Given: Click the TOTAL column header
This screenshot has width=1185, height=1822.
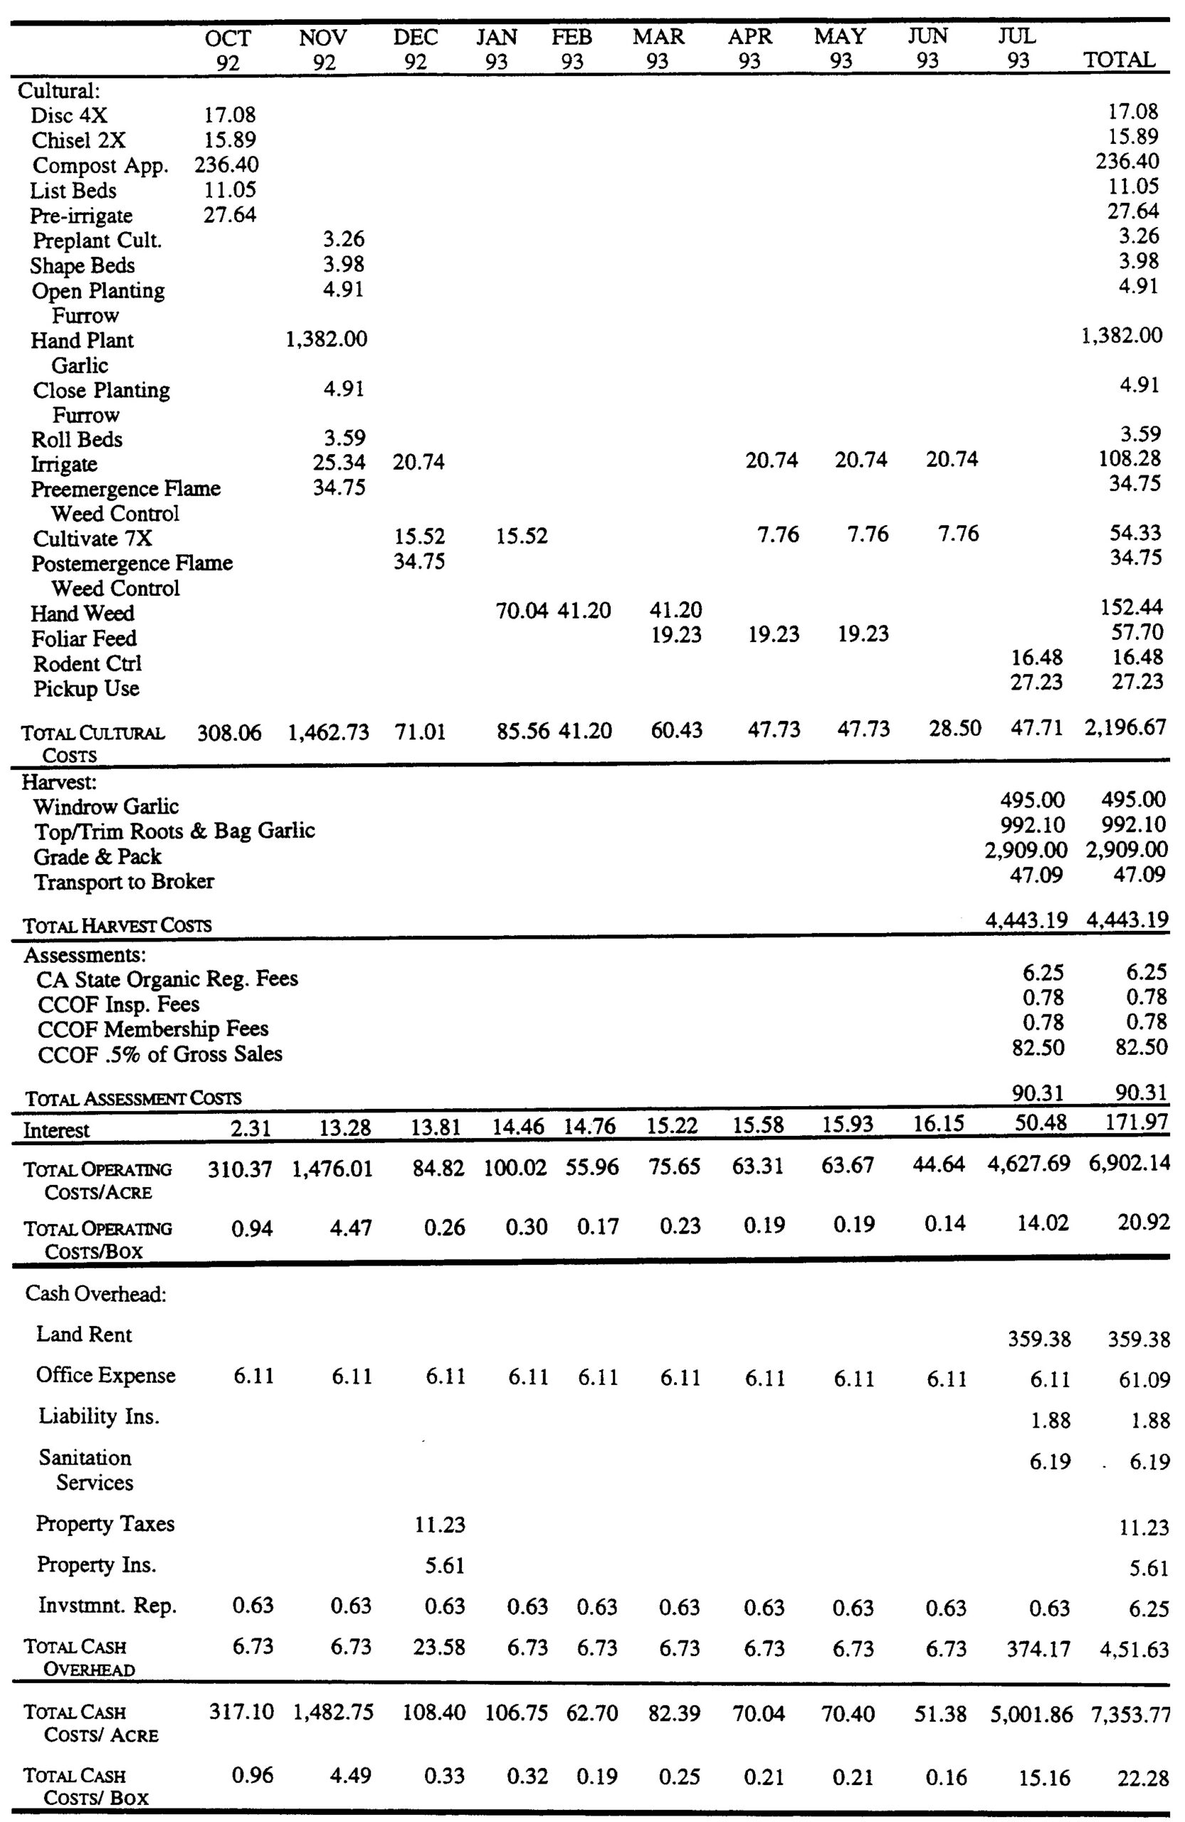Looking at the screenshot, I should click(x=1119, y=60).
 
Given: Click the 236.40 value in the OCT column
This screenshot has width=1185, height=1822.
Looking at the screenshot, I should click(x=226, y=164).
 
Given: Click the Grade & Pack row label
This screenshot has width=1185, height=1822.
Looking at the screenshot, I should click(x=98, y=856).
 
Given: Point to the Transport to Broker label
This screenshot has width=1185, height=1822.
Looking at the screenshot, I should click(x=124, y=881).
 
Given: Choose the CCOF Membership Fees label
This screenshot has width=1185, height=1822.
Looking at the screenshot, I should click(x=153, y=1029).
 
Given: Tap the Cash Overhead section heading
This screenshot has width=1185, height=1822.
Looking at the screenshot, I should click(x=95, y=1293).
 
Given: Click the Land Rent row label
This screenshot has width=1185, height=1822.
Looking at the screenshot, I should click(x=84, y=1334).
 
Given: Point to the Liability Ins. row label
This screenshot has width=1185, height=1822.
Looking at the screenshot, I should click(x=99, y=1416).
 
